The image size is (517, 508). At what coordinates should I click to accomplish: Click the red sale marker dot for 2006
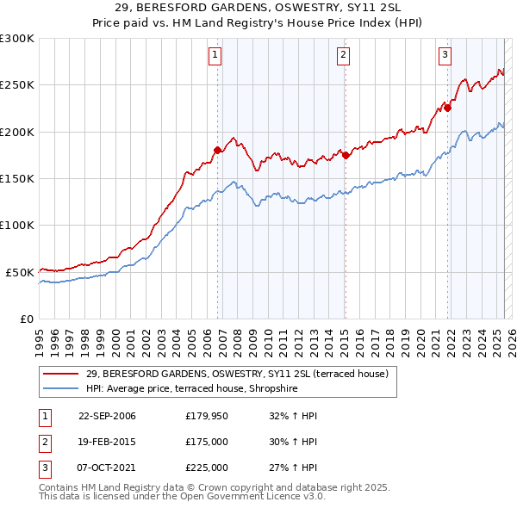pyautogui.click(x=217, y=150)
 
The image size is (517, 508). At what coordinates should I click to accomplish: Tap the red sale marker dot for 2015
pyautogui.click(x=345, y=155)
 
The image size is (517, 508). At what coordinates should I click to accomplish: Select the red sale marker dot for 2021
pyautogui.click(x=448, y=108)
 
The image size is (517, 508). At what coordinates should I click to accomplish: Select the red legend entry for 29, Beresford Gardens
pyautogui.click(x=237, y=374)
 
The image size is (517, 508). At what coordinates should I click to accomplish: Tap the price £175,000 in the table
pyautogui.click(x=207, y=443)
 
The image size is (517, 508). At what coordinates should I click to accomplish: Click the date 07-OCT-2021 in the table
pyautogui.click(x=107, y=468)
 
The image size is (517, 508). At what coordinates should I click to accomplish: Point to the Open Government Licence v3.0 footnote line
pyautogui.click(x=182, y=496)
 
